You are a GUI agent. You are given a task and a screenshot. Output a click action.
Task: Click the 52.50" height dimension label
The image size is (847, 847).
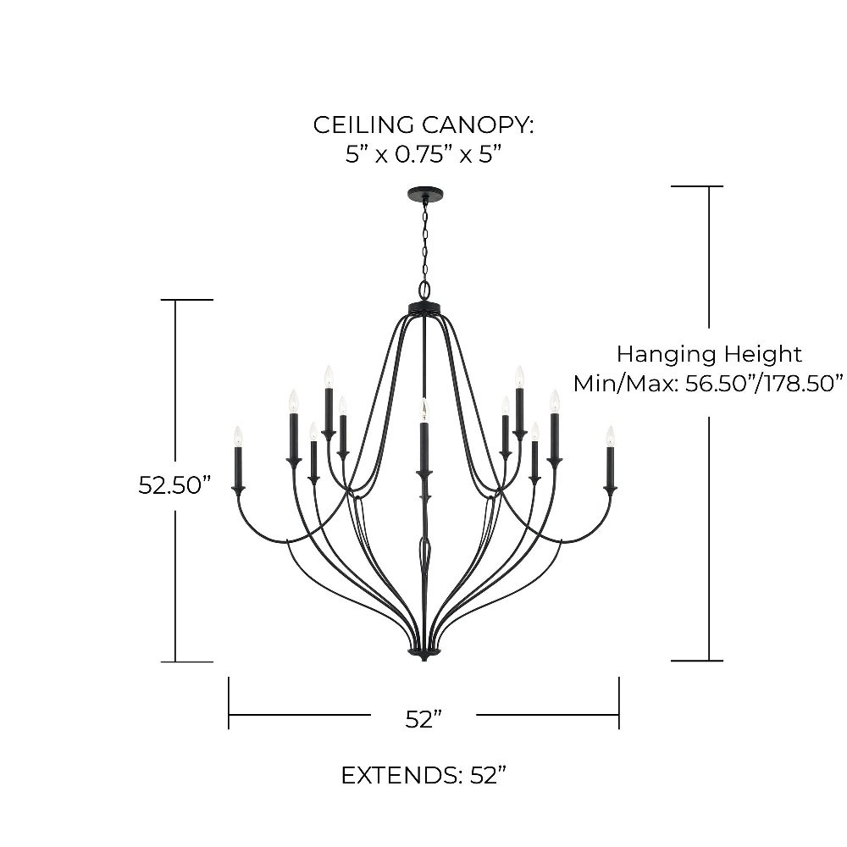click(x=174, y=484)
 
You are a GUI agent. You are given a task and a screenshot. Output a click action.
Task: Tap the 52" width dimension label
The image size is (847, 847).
click(x=423, y=719)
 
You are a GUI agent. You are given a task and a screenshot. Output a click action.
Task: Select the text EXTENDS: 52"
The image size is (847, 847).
click(x=423, y=776)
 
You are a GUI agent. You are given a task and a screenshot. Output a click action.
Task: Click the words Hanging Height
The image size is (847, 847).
click(x=709, y=354)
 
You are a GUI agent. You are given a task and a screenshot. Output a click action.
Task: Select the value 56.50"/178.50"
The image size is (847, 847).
click(x=764, y=384)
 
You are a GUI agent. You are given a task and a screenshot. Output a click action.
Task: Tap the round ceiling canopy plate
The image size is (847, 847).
click(x=424, y=192)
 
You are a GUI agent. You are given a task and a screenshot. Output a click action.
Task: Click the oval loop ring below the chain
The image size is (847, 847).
click(x=425, y=289)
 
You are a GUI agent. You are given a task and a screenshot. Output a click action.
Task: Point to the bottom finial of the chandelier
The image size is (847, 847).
click(x=424, y=655)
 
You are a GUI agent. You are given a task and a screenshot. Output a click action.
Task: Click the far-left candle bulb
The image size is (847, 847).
click(x=238, y=436)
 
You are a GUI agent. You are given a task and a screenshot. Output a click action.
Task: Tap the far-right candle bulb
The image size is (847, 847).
click(x=610, y=436)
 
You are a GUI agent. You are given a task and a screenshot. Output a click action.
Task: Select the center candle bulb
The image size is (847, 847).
click(x=424, y=411)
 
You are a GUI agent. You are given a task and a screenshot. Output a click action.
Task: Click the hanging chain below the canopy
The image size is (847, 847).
click(x=425, y=239)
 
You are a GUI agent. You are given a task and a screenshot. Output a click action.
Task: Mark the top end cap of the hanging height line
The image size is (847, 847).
click(x=697, y=186)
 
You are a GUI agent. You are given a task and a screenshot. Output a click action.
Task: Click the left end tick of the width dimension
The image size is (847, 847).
click(x=229, y=703)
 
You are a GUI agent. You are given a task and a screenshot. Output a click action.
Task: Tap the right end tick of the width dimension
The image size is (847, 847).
click(x=619, y=703)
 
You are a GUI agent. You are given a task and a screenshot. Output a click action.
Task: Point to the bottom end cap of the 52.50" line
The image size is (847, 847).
click(x=187, y=662)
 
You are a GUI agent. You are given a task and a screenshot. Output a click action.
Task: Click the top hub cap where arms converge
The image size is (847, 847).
click(x=424, y=308)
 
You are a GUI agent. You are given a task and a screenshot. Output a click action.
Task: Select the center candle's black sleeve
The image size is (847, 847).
click(x=424, y=447)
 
